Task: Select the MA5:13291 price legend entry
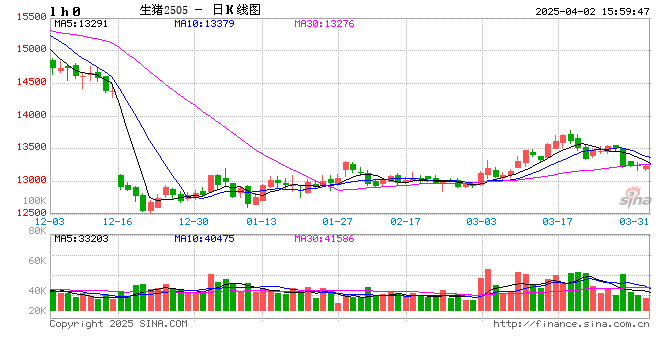(x=81, y=23)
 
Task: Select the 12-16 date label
(x=118, y=221)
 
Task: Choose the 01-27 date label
(x=337, y=221)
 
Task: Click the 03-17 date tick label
(x=557, y=221)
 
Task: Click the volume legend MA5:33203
(x=81, y=239)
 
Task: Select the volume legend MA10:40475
(x=205, y=239)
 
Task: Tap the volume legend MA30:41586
(x=329, y=239)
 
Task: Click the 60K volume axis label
(x=33, y=260)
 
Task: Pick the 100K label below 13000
(x=33, y=201)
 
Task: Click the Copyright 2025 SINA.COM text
(x=118, y=324)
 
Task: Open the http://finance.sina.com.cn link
(x=572, y=324)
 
